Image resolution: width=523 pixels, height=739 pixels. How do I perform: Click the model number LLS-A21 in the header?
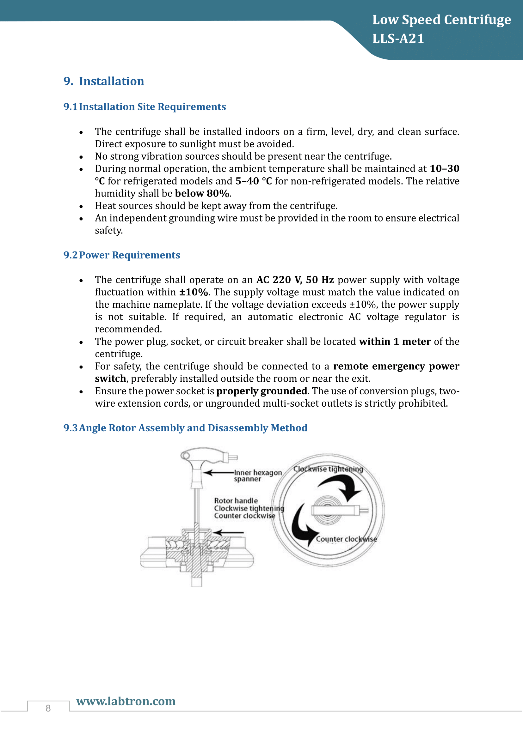pos(398,39)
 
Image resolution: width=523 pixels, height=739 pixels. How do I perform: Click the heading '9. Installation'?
pos(104,81)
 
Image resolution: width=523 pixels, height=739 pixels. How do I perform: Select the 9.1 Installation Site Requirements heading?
pos(145,106)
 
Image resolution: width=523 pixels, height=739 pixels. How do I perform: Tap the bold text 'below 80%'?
pos(202,193)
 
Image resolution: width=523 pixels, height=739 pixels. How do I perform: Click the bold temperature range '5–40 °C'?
pos(254,181)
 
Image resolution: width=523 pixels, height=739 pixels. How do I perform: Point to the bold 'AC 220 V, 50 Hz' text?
pos(295,280)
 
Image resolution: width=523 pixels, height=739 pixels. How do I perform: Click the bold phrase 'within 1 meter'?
pos(395,342)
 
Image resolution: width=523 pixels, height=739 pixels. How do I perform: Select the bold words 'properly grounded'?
pos(261,391)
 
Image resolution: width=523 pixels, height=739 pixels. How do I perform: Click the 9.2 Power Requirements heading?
pos(122,255)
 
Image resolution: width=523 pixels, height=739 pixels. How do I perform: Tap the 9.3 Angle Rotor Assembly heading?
pos(185,428)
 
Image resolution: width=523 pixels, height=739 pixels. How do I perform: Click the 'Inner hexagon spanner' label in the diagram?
pos(257,476)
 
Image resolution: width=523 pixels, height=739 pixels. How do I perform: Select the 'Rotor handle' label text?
pos(236,500)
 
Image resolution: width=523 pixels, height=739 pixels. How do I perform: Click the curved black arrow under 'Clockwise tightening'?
pos(343,486)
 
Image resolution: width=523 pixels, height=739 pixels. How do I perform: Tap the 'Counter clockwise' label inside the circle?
pos(346,539)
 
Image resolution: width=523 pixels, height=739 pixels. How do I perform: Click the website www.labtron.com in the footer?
pos(126,701)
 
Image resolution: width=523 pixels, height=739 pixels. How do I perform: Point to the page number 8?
pos(48,708)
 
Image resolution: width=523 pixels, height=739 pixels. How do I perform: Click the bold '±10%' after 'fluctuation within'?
pos(194,292)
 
